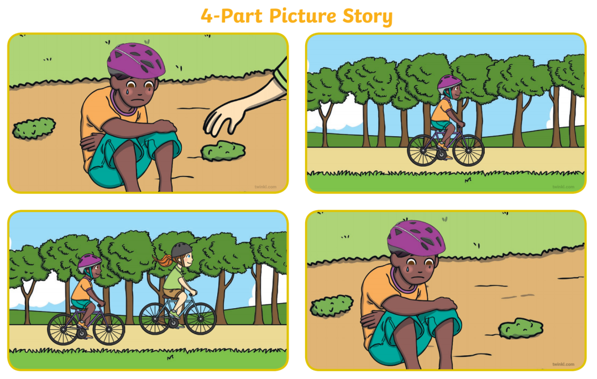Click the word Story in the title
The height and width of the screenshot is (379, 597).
click(367, 17)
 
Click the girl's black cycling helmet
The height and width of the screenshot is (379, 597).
click(182, 250)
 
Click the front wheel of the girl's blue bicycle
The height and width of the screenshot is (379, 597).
click(200, 318)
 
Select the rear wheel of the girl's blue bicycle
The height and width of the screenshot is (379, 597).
click(155, 319)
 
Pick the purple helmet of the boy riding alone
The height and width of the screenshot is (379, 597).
click(449, 84)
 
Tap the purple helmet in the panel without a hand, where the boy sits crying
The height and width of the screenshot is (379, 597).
click(416, 238)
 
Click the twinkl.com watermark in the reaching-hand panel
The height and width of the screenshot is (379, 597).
click(266, 187)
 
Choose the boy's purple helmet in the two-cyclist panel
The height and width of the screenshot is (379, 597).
click(90, 263)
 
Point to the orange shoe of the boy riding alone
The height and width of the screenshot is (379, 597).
click(442, 146)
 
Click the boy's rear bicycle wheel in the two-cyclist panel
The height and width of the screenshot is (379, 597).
click(63, 329)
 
